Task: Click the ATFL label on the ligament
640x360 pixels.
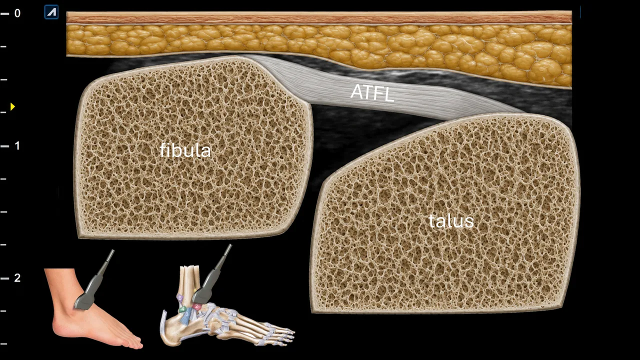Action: point(372,93)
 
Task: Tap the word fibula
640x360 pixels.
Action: point(185,150)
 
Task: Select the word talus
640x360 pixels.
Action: point(451,221)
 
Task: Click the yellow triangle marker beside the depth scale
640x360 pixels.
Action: point(12,106)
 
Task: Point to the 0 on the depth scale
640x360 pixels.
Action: point(17,13)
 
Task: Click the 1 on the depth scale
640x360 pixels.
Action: point(17,145)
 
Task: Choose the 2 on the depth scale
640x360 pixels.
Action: point(17,277)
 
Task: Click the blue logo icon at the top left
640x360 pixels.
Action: point(51,12)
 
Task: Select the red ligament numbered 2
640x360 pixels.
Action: point(196,307)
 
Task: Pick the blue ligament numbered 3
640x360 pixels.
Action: point(186,315)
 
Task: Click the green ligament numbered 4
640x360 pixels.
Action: point(182,309)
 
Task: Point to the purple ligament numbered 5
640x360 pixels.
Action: point(180,298)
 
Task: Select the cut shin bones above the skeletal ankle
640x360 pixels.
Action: point(189,278)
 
